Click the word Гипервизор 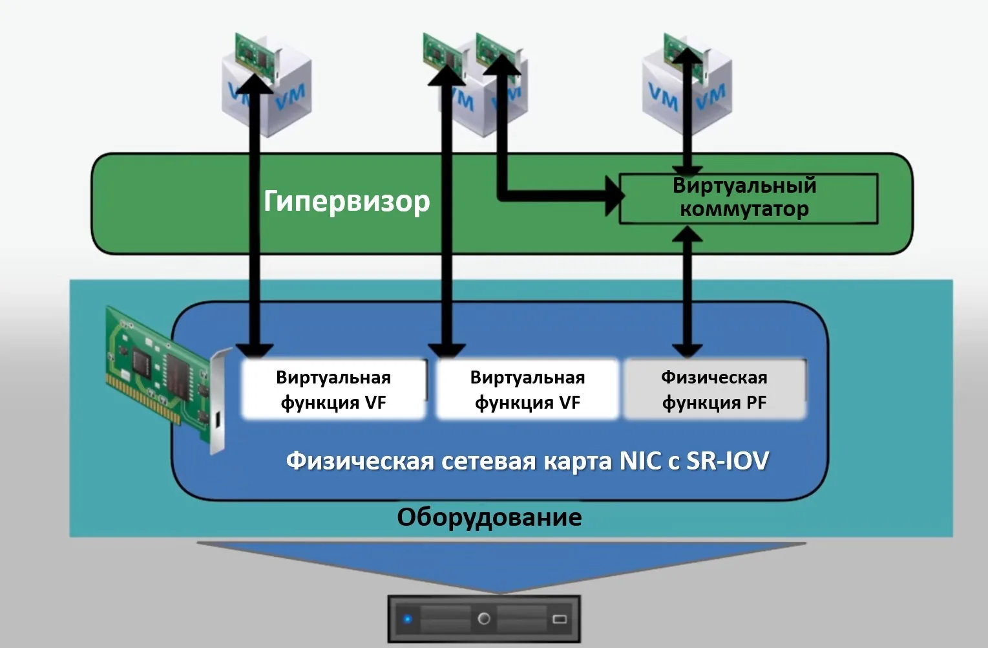click(x=346, y=202)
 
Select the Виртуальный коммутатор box click(x=748, y=198)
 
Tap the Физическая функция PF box click(x=714, y=389)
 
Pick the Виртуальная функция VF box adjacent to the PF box click(x=527, y=389)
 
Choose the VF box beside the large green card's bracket click(x=333, y=389)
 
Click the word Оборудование click(x=489, y=517)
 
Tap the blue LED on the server click(x=407, y=619)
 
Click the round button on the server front click(x=483, y=619)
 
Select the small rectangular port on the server click(x=560, y=619)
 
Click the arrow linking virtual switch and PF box click(x=688, y=291)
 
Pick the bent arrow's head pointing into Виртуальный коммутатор click(x=613, y=194)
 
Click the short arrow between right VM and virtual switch click(x=688, y=129)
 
